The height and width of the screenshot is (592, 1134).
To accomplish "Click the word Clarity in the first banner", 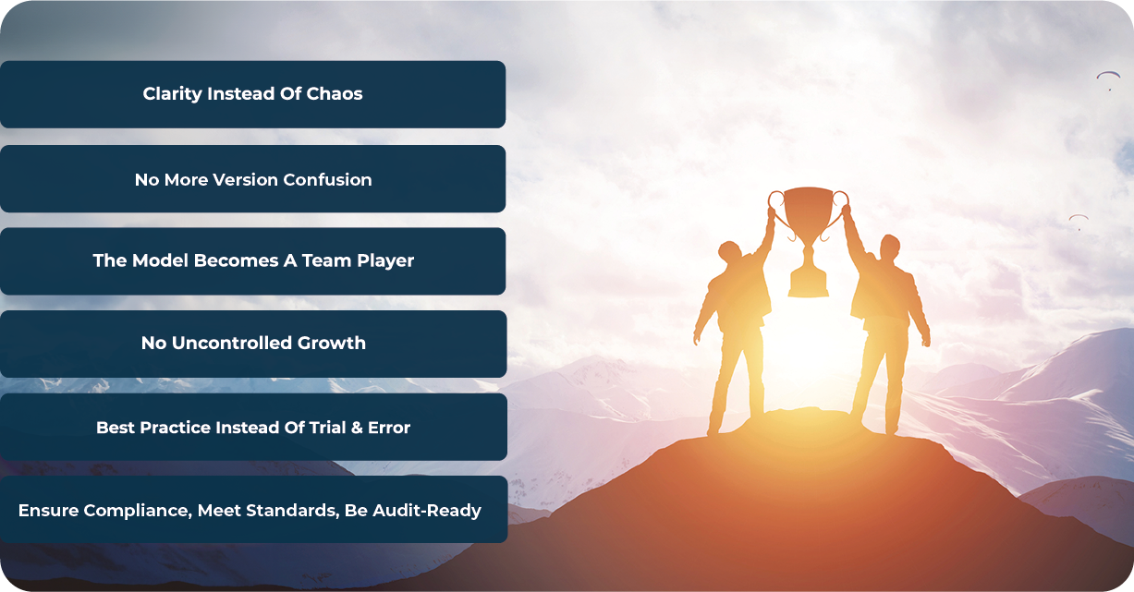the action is (x=172, y=94).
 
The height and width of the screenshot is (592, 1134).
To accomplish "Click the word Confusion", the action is (x=327, y=179).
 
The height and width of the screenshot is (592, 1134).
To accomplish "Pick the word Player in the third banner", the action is (x=385, y=261).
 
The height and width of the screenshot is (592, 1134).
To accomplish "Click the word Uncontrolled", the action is (x=232, y=343).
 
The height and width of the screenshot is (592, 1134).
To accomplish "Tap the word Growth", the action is (x=332, y=343).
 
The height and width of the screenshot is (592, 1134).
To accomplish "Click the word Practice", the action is (x=176, y=428).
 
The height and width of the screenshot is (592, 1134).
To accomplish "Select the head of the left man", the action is (x=730, y=251).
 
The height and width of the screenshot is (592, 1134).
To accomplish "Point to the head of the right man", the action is (x=889, y=248).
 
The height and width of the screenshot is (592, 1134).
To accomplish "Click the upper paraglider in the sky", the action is (x=1108, y=76).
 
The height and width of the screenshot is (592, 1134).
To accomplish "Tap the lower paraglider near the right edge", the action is (x=1079, y=219).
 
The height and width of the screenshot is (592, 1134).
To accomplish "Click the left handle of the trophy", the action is (x=775, y=199).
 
